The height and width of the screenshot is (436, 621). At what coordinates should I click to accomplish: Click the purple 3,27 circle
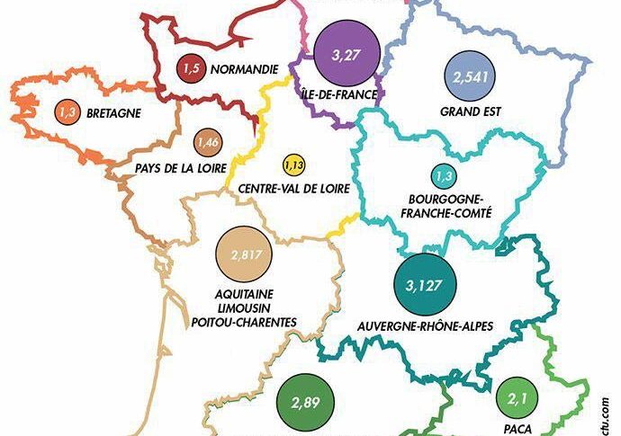pos(344,54)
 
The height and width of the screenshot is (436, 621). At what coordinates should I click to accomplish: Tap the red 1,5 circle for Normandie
pos(190,68)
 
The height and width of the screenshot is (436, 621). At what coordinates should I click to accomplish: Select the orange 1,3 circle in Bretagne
pos(67,112)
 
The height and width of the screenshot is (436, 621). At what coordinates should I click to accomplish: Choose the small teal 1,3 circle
pos(442,174)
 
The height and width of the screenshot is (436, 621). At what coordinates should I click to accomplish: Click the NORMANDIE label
pos(244,69)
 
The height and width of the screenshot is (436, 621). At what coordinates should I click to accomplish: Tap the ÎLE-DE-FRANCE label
pos(340,93)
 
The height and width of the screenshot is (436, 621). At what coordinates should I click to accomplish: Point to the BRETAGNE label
pos(113,113)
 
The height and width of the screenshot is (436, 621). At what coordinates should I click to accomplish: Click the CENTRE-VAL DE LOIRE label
pos(290,190)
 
